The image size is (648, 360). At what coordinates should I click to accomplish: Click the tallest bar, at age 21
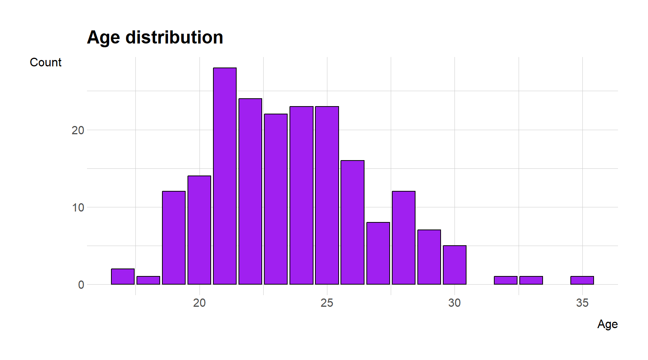(x=225, y=176)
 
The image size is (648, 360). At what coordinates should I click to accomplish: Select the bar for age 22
(x=250, y=191)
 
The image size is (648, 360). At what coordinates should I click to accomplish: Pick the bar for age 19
(x=174, y=238)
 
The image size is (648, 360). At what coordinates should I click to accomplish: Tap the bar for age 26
(x=352, y=222)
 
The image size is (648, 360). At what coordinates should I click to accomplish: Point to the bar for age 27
(x=378, y=253)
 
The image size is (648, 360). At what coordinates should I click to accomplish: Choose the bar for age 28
(x=403, y=238)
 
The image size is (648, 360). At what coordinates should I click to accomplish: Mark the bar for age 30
(x=454, y=265)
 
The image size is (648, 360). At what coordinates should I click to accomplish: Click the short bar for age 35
(x=582, y=280)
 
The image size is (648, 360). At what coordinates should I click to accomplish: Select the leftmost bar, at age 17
(x=123, y=276)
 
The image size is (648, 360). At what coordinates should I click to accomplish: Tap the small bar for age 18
(x=148, y=280)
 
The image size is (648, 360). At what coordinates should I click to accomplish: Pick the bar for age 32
(x=505, y=280)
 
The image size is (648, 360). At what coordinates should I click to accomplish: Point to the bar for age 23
(x=276, y=199)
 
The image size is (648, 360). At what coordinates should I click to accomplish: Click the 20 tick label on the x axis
(x=199, y=303)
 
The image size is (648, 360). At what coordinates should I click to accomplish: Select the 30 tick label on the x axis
(x=454, y=303)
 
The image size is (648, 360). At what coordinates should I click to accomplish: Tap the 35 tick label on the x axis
(x=582, y=303)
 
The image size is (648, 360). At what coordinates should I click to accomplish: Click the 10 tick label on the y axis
(x=78, y=207)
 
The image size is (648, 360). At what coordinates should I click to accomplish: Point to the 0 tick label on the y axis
(x=81, y=285)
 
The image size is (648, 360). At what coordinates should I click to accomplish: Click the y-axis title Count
(x=45, y=62)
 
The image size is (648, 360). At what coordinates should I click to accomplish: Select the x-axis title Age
(x=607, y=324)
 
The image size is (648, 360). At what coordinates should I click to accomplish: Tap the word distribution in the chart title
(x=174, y=37)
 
